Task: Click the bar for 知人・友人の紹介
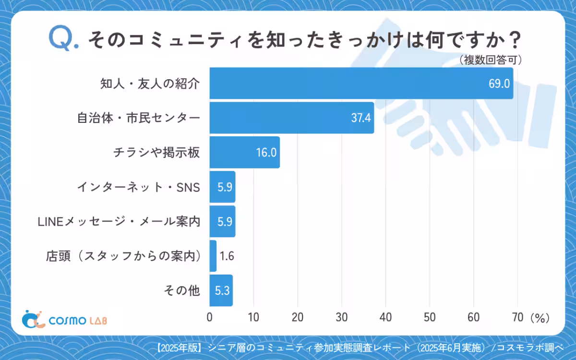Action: pyautogui.click(x=361, y=83)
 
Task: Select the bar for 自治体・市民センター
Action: pyautogui.click(x=291, y=118)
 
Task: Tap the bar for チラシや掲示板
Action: pyautogui.click(x=244, y=152)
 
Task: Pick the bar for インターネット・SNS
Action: pyautogui.click(x=222, y=187)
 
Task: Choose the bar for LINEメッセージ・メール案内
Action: pyautogui.click(x=222, y=221)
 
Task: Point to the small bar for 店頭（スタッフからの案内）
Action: pyautogui.click(x=213, y=256)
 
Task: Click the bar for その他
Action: pyautogui.click(x=221, y=290)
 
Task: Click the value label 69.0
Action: pyautogui.click(x=499, y=83)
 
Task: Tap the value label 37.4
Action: pyautogui.click(x=361, y=118)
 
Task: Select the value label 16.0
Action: pyautogui.click(x=266, y=152)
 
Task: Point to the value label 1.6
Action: pyautogui.click(x=228, y=256)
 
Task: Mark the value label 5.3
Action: pyautogui.click(x=222, y=290)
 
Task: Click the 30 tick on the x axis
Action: pyautogui.click(x=341, y=317)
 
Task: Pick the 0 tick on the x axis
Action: pyautogui.click(x=210, y=317)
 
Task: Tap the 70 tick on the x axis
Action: pyautogui.click(x=517, y=317)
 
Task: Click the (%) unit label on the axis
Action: pyautogui.click(x=540, y=317)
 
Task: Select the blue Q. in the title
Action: pyautogui.click(x=64, y=39)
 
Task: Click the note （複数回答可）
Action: pyautogui.click(x=490, y=60)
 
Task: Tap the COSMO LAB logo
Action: pyautogui.click(x=65, y=319)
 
